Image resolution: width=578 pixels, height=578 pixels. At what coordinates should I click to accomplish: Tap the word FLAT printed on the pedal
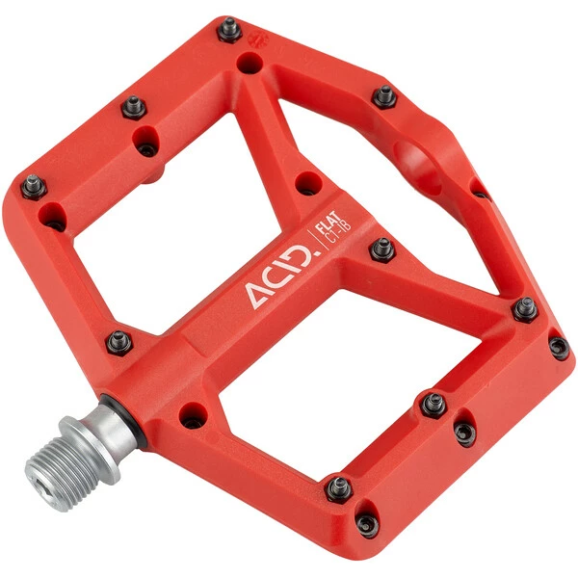click(x=328, y=222)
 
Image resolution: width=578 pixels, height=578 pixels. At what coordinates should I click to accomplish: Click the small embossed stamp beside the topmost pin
click(x=259, y=39)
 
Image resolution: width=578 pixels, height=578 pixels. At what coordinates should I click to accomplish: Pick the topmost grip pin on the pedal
click(x=229, y=29)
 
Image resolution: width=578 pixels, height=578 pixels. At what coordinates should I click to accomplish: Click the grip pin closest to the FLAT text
click(x=382, y=250)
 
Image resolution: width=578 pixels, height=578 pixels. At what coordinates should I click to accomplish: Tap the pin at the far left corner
click(x=34, y=187)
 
